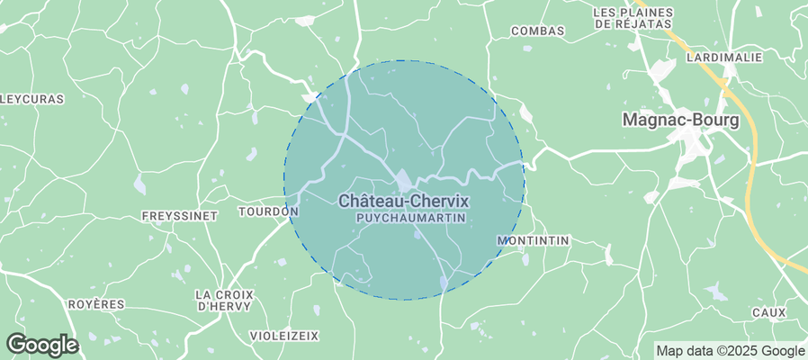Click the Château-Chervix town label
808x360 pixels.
point(404,202)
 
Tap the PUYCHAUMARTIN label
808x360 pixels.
point(404,219)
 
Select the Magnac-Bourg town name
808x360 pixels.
point(681,120)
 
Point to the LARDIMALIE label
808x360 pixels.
point(723,57)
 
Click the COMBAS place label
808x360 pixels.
point(537,31)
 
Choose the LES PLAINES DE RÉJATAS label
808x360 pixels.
point(633,18)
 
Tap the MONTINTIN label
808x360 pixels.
point(533,241)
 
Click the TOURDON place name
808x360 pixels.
point(267,211)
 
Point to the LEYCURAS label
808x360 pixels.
point(31,99)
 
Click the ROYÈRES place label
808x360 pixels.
point(95,304)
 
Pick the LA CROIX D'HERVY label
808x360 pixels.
point(225,301)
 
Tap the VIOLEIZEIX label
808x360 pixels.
point(284,335)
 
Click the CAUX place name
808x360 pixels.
point(768,312)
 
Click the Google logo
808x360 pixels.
point(41,344)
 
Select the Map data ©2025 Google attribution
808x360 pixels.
point(730,351)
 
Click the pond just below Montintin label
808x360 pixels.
point(525,261)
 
